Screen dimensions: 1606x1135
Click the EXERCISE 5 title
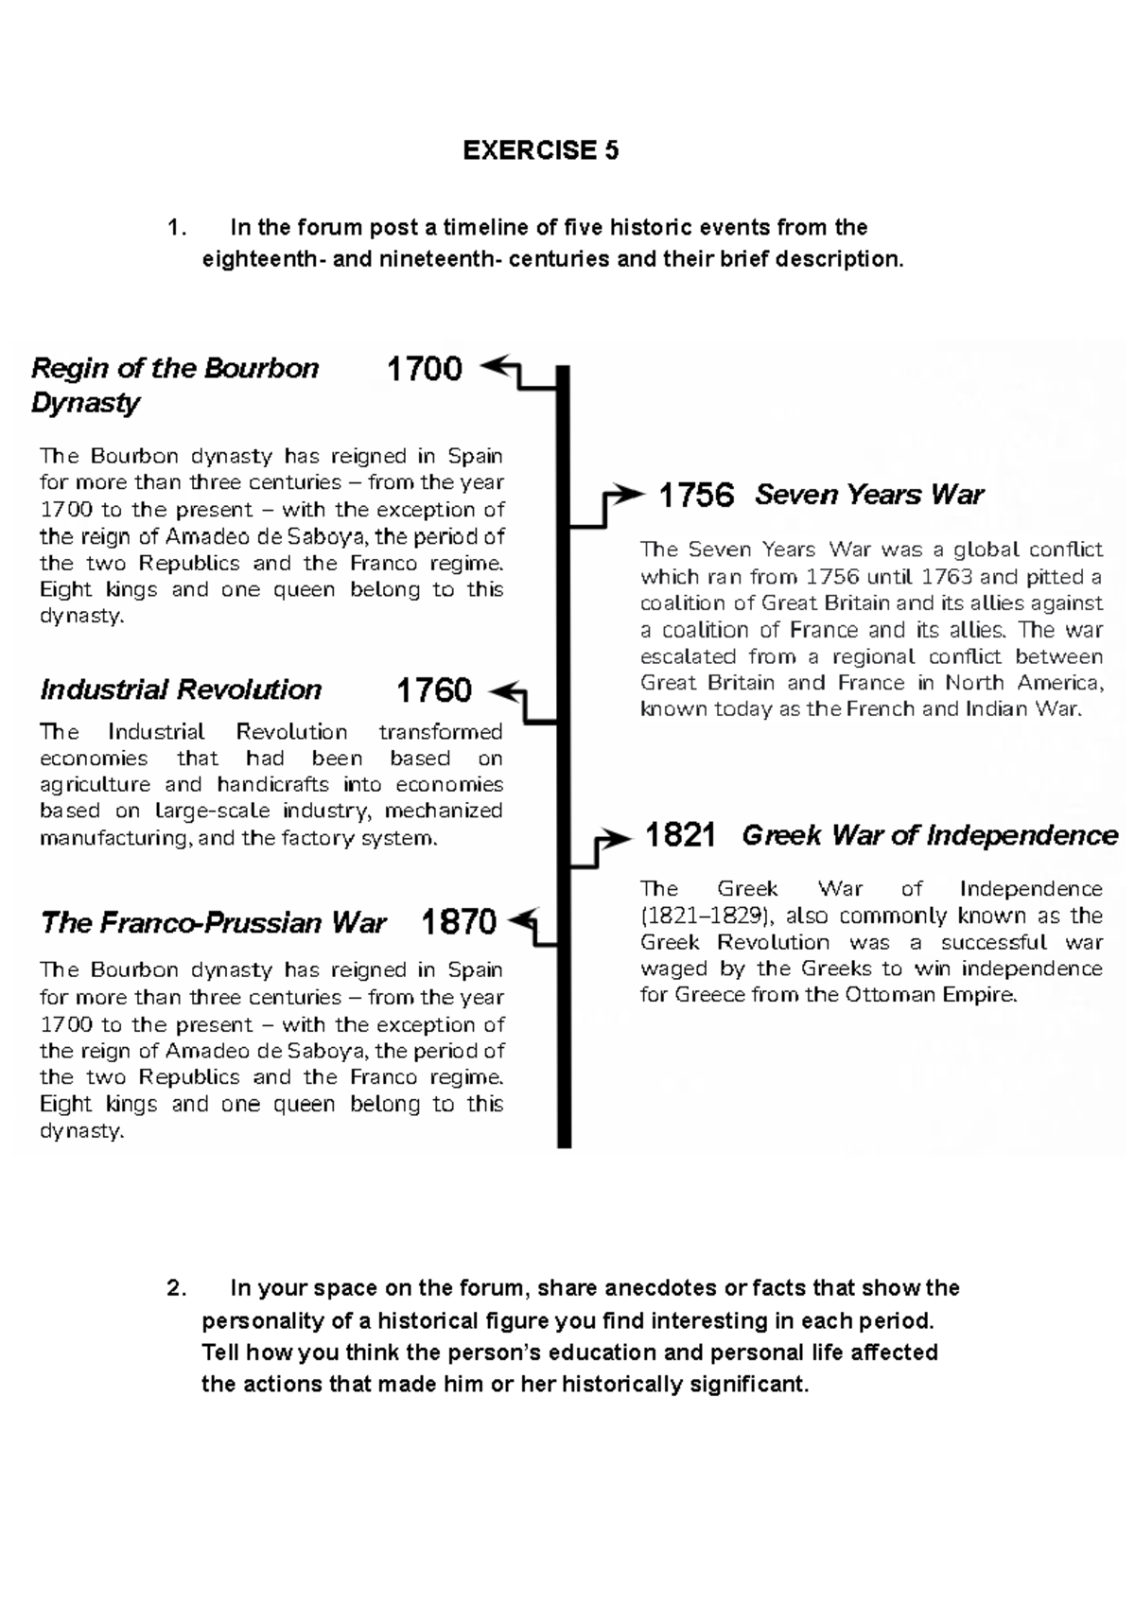540,150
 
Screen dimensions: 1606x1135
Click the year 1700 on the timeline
425,368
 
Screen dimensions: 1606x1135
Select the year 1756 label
696,495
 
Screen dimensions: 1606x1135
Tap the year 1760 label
433,690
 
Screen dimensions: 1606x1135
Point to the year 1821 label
679,835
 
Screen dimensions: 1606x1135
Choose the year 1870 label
459,921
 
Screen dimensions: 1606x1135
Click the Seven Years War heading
868,495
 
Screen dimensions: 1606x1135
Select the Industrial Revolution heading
181,690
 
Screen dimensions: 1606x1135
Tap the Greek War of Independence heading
929,835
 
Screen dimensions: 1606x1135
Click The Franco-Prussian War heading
213,923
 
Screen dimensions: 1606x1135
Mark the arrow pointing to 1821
612,838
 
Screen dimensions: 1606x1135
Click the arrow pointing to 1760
509,693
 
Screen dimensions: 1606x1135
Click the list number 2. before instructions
176,1288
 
